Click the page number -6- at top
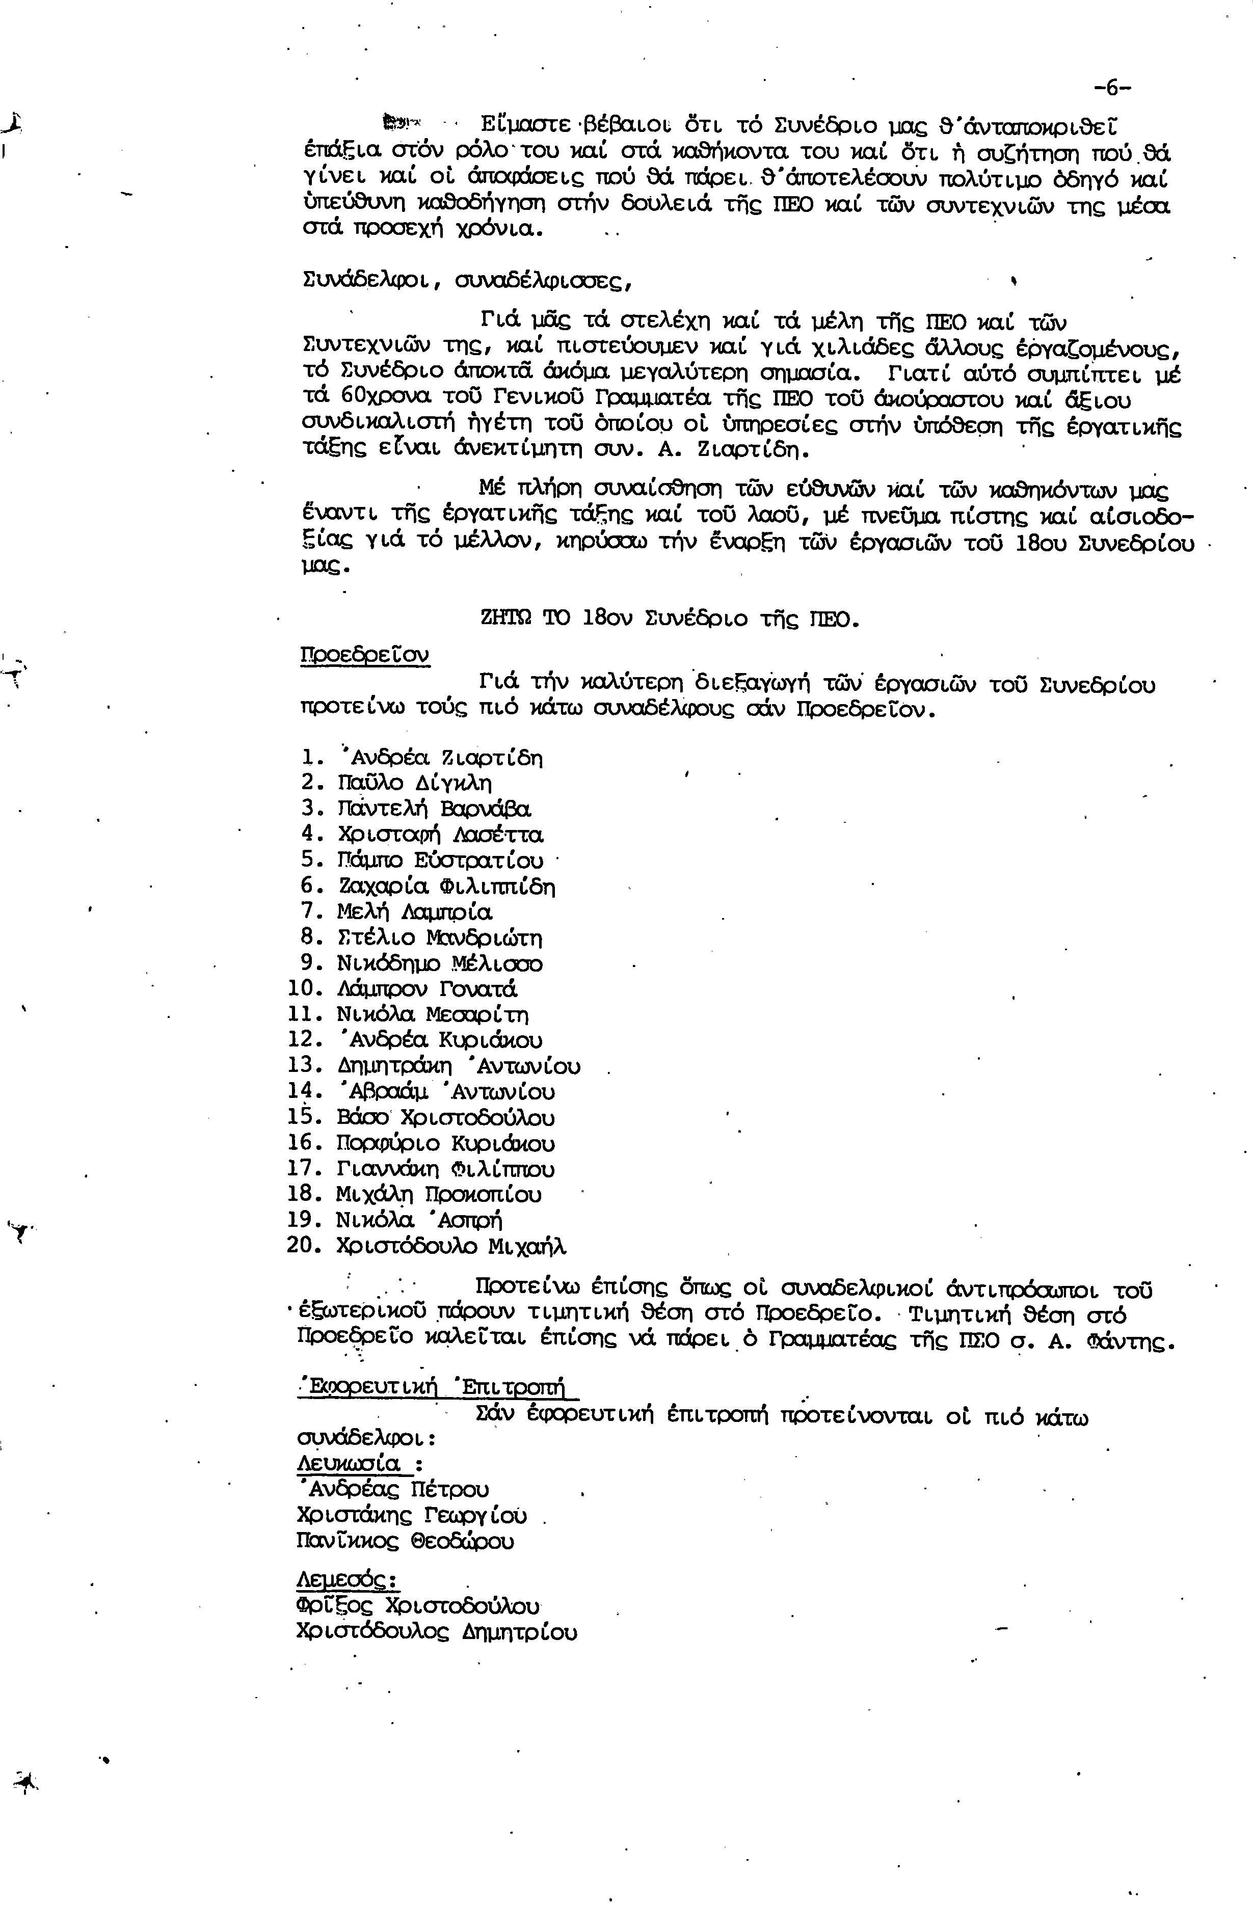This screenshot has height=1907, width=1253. pyautogui.click(x=1111, y=87)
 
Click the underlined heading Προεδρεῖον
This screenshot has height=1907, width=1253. pyautogui.click(x=364, y=655)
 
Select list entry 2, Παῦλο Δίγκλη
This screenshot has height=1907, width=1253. pyautogui.click(x=414, y=783)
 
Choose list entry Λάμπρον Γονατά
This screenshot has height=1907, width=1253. pyautogui.click(x=427, y=989)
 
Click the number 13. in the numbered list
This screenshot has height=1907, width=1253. pyautogui.click(x=304, y=1066)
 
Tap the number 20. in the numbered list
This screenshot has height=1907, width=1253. pyautogui.click(x=304, y=1246)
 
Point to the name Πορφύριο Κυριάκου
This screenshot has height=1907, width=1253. pyautogui.click(x=445, y=1143)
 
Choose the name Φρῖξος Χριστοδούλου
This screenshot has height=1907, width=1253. pyautogui.click(x=417, y=1606)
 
